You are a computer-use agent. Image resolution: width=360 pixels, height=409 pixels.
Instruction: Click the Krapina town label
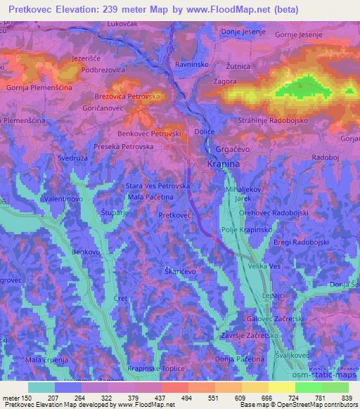click(224, 164)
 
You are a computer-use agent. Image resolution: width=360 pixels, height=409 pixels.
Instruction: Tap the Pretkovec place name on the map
click(175, 215)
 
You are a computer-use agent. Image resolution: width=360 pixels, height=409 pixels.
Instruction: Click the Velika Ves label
click(264, 266)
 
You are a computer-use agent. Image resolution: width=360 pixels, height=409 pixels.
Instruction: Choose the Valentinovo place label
click(64, 200)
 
